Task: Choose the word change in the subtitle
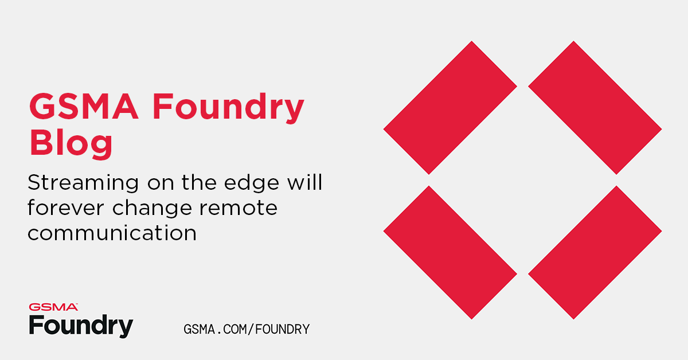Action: click(x=151, y=208)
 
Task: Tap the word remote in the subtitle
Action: click(x=237, y=208)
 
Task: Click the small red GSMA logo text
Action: click(x=53, y=307)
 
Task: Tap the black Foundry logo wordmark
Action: click(x=81, y=325)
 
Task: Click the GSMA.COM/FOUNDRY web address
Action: click(x=247, y=330)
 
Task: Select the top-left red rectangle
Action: click(x=450, y=107)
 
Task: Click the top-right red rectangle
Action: click(x=595, y=107)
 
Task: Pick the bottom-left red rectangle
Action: click(x=450, y=252)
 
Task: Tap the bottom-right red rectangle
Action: click(x=595, y=252)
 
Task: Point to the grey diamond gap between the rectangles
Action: click(x=522, y=180)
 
